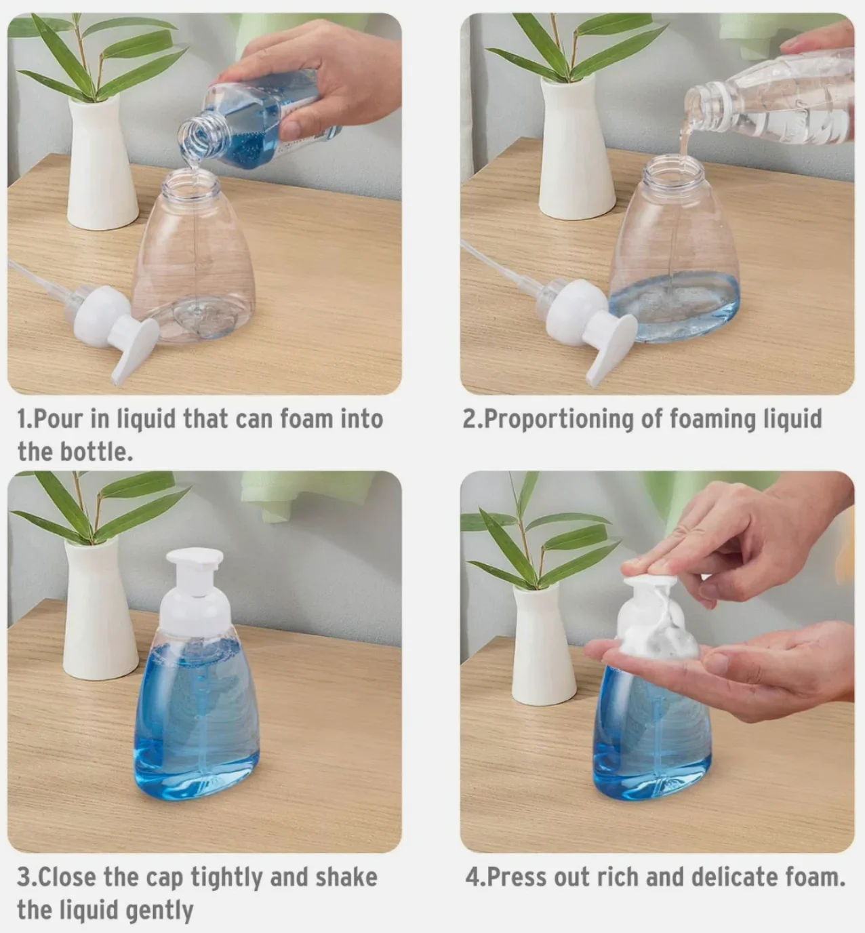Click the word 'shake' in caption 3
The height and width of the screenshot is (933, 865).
click(346, 877)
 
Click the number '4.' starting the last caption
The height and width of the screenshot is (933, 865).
click(475, 877)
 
